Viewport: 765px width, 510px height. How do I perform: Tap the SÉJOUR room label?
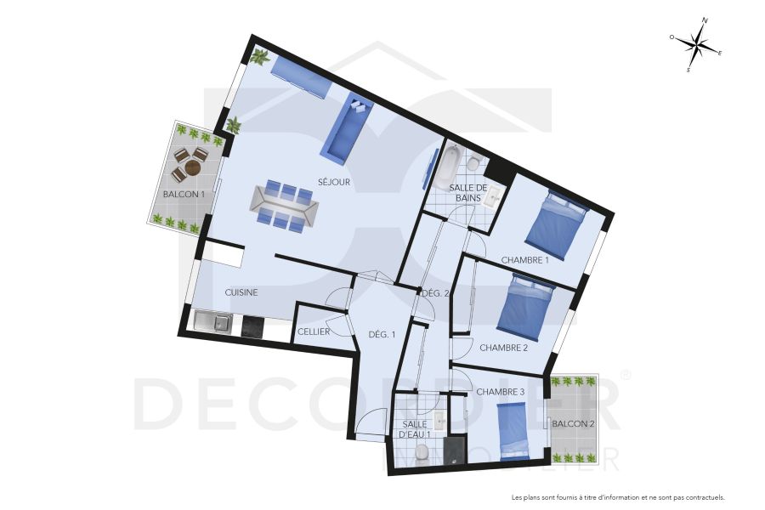tap(334, 182)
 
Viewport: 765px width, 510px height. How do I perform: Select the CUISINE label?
tap(241, 292)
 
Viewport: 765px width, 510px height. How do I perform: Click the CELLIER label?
tap(314, 331)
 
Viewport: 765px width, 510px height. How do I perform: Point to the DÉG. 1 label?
tap(382, 334)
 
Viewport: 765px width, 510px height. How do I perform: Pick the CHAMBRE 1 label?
tap(525, 260)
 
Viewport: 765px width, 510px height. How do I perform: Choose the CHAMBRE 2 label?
tap(504, 348)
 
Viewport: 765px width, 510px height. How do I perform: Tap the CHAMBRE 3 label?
tap(500, 392)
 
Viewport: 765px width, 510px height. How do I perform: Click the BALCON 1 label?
tap(184, 194)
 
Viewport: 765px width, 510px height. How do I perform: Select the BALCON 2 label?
tap(573, 423)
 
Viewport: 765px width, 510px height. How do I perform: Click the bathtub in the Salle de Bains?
tap(445, 167)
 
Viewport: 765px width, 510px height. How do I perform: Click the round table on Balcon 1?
tap(193, 167)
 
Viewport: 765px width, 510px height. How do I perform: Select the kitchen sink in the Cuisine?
tap(213, 322)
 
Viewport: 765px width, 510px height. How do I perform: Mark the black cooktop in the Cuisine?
tap(253, 326)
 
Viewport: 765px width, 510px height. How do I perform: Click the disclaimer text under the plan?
tap(618, 498)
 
